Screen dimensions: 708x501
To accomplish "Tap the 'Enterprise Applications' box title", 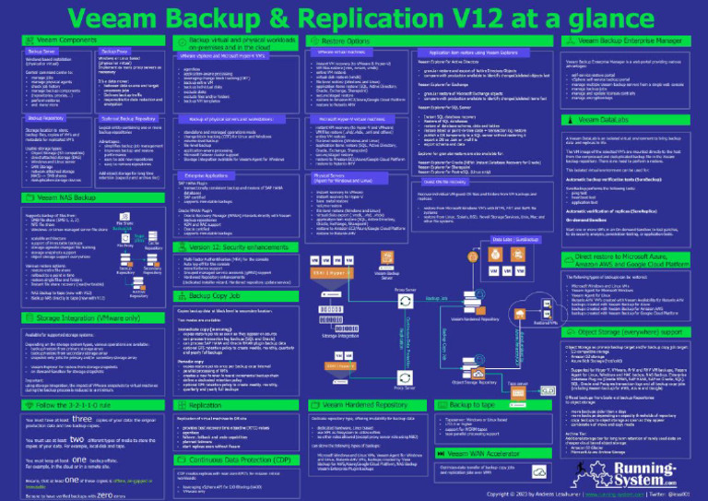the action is click(206, 173).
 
